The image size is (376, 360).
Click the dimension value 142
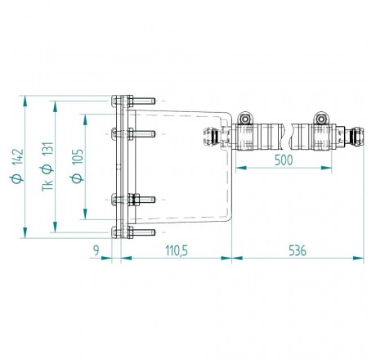17,157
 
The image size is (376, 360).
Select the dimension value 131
47,150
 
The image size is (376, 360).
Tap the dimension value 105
78,156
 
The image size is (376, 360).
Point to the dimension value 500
284,160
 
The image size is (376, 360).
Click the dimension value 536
298,250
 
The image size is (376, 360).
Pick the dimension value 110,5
177,250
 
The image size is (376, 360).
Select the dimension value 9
96,250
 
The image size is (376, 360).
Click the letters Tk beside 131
47,186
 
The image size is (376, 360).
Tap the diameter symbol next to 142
16,178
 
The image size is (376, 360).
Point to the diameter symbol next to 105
77,178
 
